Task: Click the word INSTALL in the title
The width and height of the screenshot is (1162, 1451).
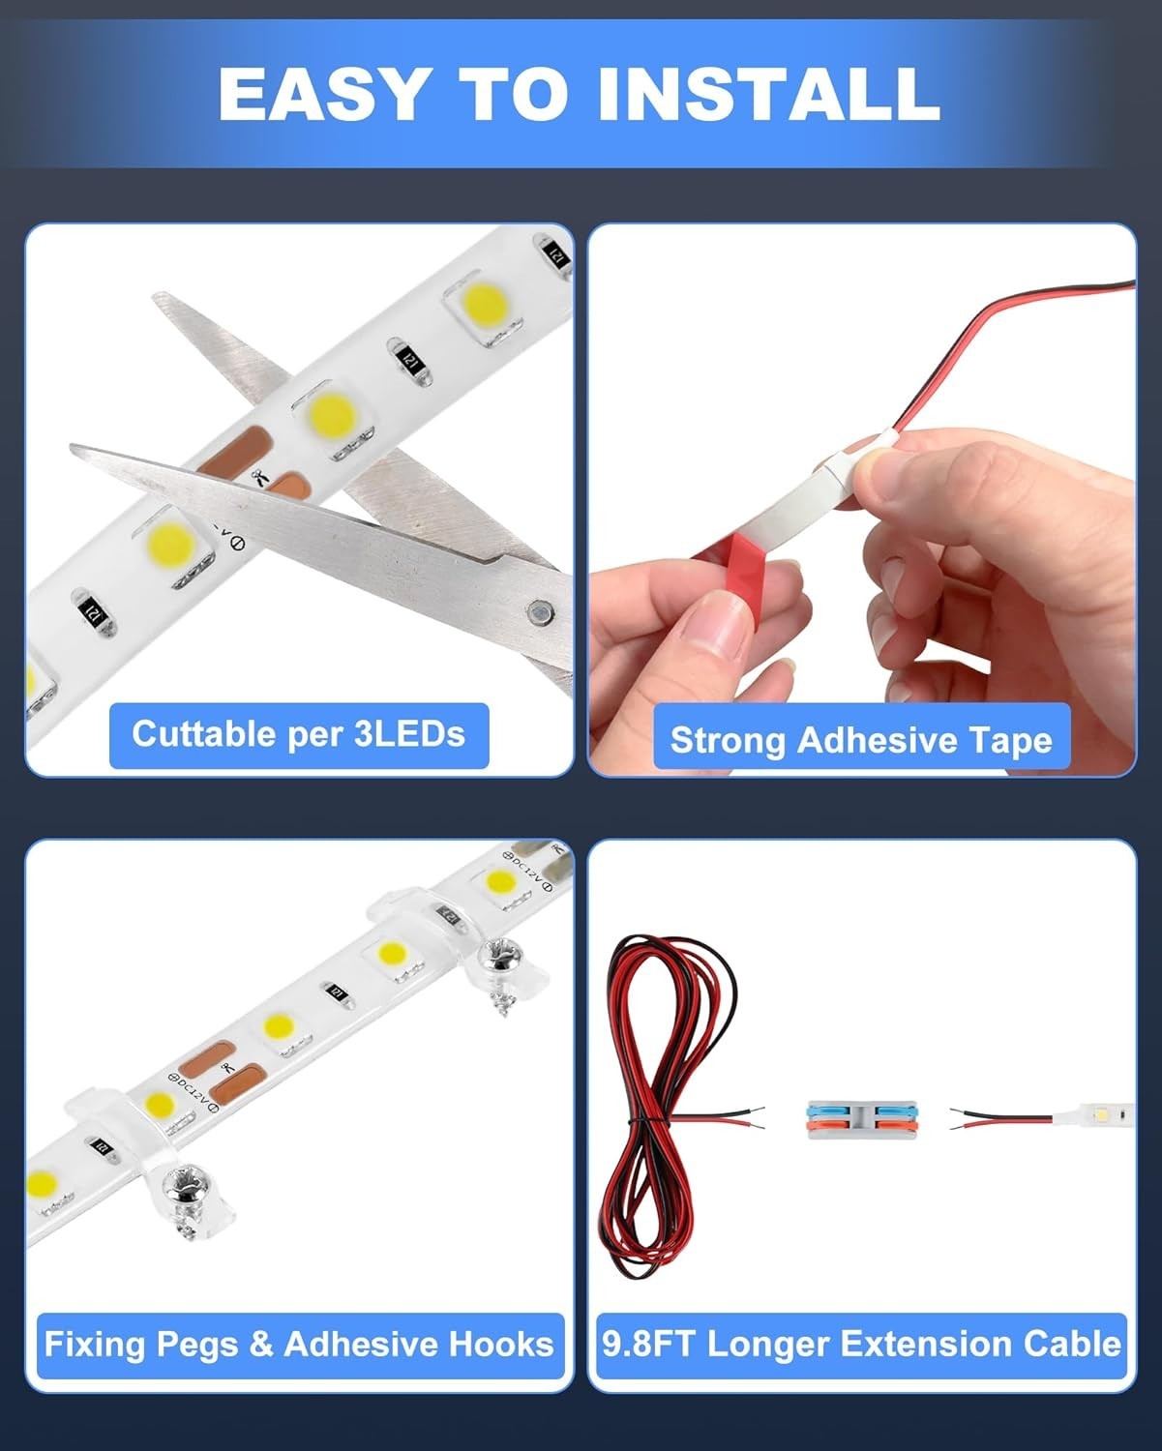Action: [x=769, y=94]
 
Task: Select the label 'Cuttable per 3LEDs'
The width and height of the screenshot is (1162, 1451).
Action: [x=299, y=734]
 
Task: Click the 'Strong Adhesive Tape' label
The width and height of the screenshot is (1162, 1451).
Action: [x=861, y=740]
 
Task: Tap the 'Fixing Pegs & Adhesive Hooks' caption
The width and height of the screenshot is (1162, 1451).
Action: [x=299, y=1343]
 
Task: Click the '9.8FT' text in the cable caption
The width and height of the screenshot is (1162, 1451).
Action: [x=648, y=1343]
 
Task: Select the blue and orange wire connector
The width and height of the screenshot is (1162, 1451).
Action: [x=863, y=1120]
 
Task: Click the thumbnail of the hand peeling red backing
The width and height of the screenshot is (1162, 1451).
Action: [x=862, y=499]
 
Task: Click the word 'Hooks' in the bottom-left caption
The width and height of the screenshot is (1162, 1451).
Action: [x=500, y=1343]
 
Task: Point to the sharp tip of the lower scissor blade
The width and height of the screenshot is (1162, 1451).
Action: [x=72, y=447]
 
